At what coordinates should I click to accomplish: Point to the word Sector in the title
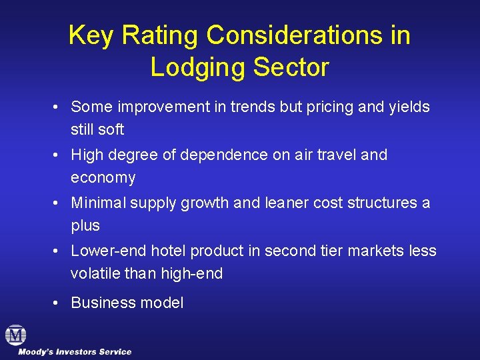click(293, 67)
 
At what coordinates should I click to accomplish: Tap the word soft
click(109, 129)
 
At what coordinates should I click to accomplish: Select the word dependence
click(227, 155)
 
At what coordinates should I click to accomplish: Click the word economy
click(103, 178)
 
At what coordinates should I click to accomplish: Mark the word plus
click(85, 226)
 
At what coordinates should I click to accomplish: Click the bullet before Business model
click(59, 303)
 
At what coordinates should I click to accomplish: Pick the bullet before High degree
click(59, 155)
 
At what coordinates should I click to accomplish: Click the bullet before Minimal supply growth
click(59, 203)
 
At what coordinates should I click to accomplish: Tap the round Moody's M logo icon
click(15, 335)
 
